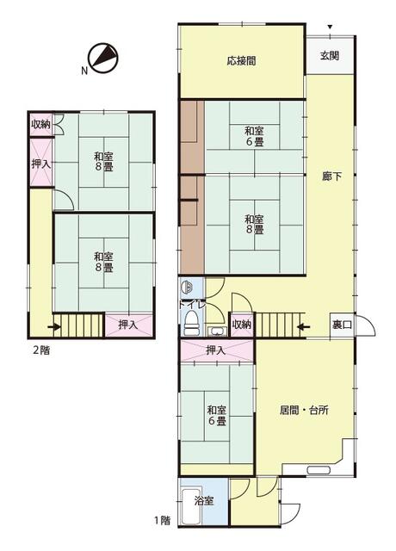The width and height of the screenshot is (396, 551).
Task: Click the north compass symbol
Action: (x=103, y=59)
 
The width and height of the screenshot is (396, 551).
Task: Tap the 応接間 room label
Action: (x=241, y=61)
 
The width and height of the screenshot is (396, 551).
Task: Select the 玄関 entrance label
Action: (x=330, y=55)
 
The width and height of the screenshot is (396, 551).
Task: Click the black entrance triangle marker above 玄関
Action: (x=330, y=27)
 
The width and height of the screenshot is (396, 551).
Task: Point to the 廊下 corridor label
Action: (x=332, y=176)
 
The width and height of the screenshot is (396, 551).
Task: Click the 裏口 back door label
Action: (x=342, y=325)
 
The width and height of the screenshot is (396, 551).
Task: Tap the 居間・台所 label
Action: (x=304, y=410)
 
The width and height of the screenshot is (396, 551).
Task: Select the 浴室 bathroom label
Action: (x=204, y=501)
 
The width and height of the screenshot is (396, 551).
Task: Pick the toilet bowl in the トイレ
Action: (x=191, y=324)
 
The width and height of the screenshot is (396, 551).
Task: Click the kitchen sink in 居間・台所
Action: (x=319, y=470)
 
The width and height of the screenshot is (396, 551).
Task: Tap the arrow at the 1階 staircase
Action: (x=304, y=327)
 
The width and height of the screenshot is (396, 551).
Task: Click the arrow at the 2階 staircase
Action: (x=53, y=327)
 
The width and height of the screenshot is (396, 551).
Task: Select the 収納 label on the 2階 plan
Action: (x=40, y=124)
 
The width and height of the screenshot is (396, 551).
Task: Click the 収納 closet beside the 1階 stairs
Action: (x=241, y=325)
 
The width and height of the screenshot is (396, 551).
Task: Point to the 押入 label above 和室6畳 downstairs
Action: (x=215, y=350)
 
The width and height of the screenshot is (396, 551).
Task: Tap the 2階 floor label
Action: (x=41, y=350)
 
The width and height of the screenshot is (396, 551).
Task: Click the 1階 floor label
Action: (x=163, y=520)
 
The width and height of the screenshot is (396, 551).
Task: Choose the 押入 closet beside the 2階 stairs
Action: (x=129, y=325)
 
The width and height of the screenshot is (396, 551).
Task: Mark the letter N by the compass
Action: (x=84, y=71)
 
